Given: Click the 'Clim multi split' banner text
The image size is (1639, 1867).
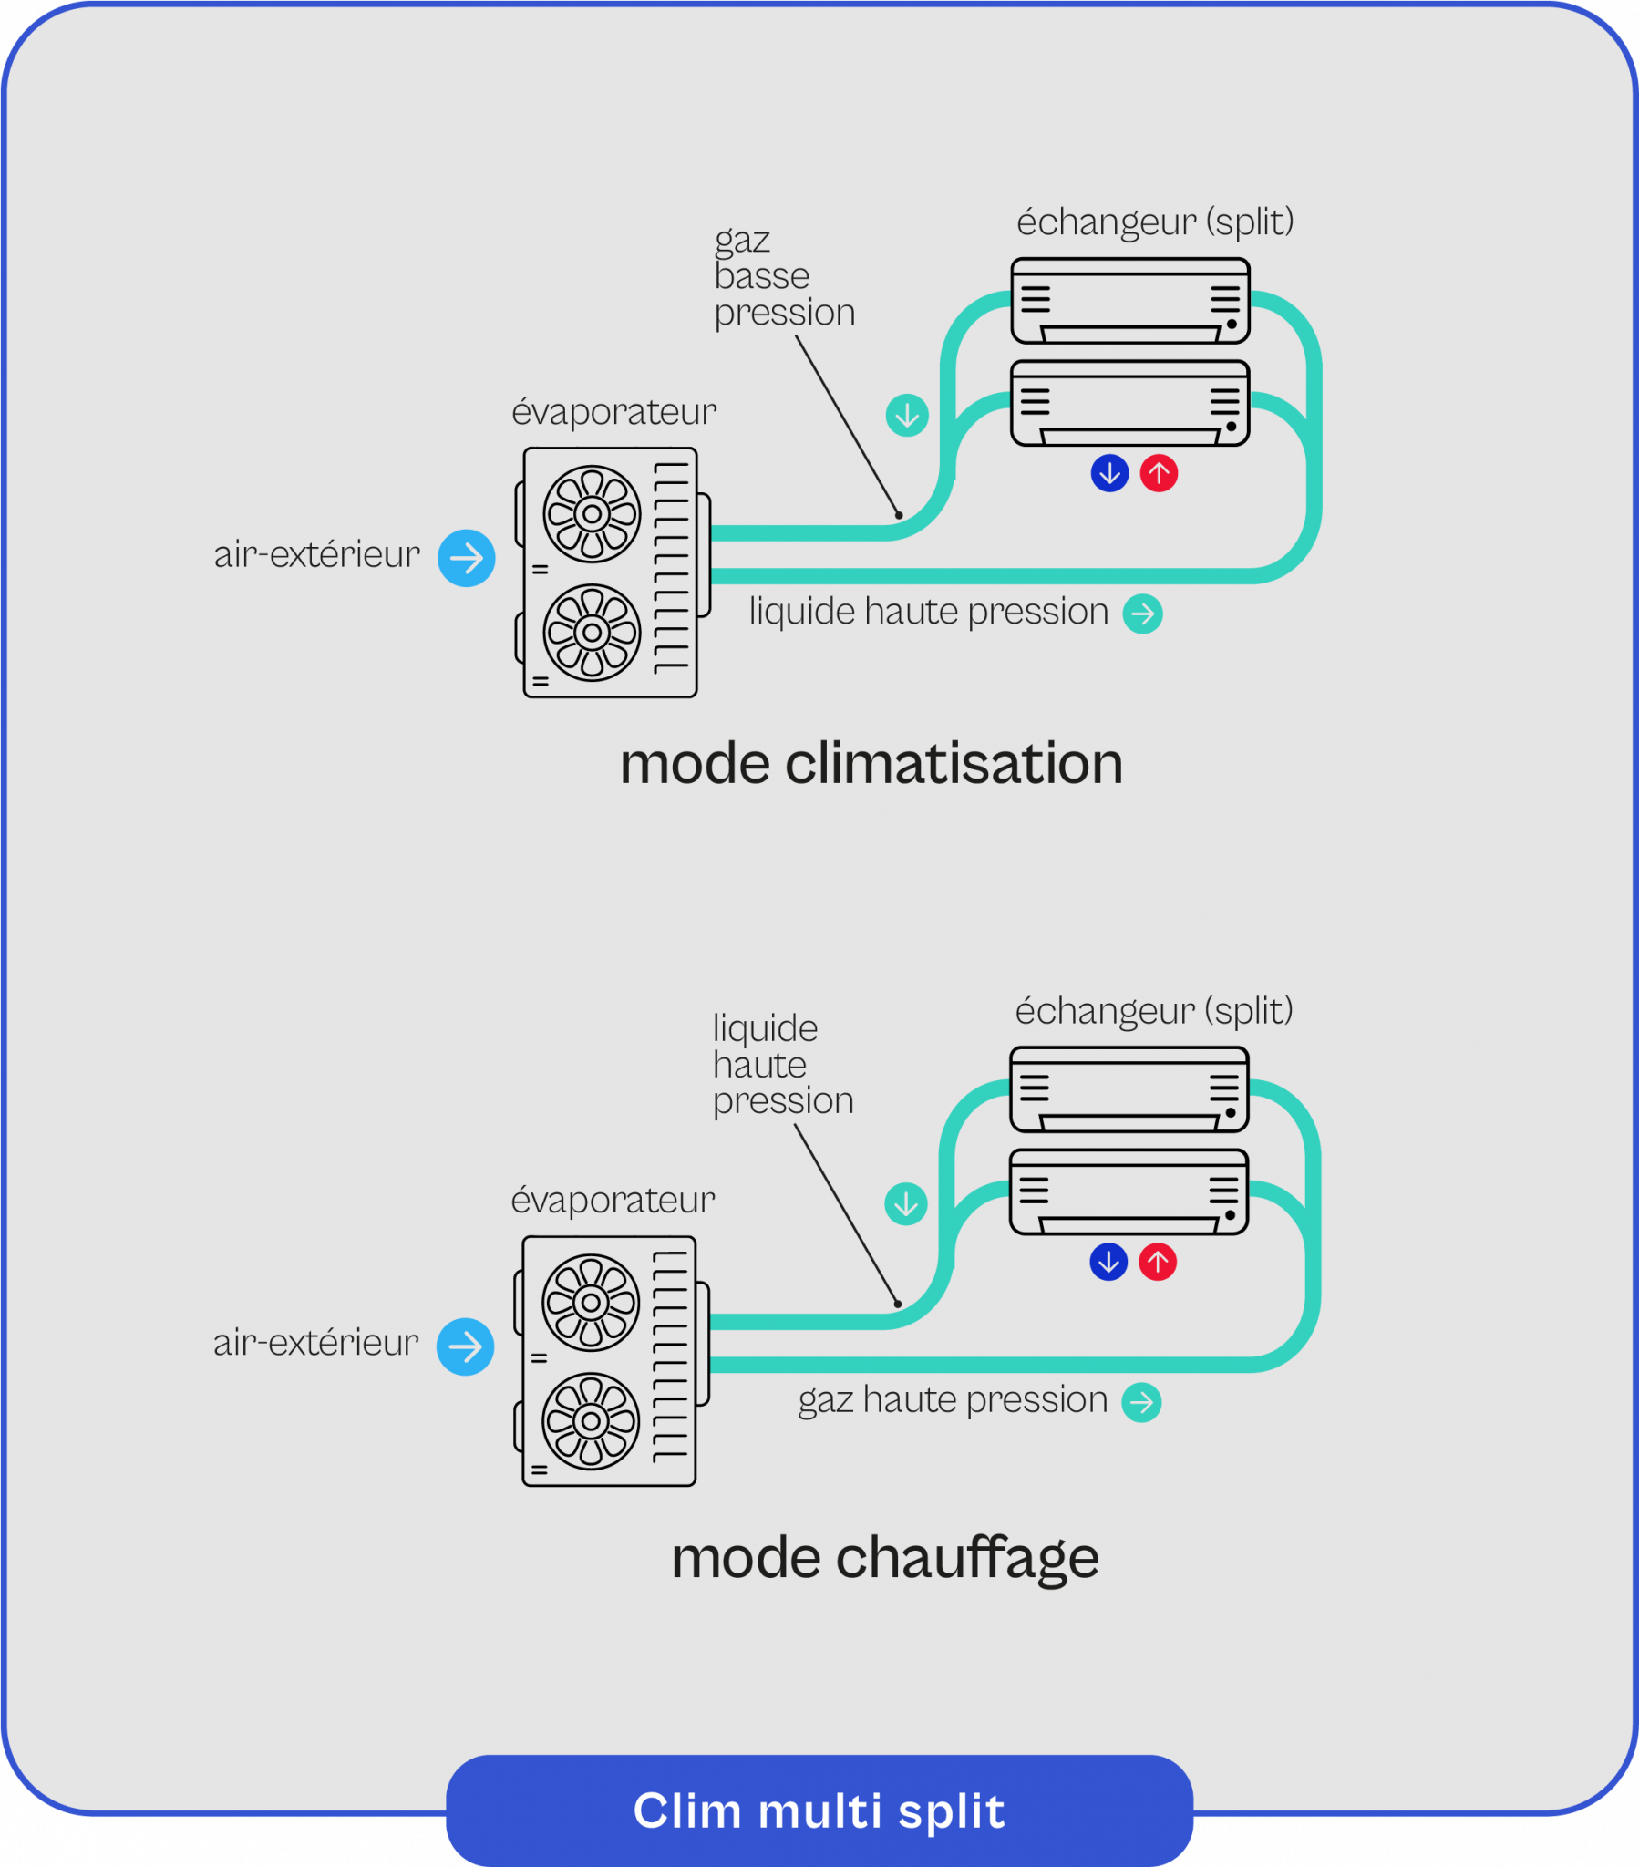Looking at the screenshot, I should (819, 1810).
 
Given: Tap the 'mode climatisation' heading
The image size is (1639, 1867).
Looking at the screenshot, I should (871, 764).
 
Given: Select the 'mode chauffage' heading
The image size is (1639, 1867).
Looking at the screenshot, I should (884, 1558).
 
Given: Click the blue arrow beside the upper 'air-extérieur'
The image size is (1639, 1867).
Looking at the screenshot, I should (466, 558).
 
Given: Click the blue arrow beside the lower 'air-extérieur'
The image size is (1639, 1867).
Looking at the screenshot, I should (465, 1346).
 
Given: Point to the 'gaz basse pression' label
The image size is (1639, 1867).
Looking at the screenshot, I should (783, 277).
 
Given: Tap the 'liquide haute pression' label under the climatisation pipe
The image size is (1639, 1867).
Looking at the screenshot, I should (928, 612).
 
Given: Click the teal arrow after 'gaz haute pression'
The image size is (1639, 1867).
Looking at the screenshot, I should (1141, 1402).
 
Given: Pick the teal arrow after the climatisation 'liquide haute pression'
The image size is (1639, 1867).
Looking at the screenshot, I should (1142, 614).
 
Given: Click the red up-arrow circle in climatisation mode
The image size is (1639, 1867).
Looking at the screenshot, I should (1159, 473).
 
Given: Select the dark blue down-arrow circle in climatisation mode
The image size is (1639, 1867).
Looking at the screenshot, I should (1109, 473).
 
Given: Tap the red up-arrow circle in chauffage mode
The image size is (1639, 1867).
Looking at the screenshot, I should (1157, 1263).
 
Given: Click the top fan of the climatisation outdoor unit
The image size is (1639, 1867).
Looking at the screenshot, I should (592, 514).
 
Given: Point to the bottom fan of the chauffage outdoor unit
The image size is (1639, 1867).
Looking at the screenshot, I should (590, 1421).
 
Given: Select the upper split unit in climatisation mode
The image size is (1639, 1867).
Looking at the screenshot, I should (1130, 301).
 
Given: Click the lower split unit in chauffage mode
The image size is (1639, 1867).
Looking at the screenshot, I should (1129, 1192).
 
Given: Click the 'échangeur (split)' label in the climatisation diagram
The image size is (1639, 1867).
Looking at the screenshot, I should (1155, 222).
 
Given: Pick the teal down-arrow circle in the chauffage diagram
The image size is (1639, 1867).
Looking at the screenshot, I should (905, 1204).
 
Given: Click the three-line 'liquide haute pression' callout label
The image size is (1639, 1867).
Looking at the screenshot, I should (782, 1065).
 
